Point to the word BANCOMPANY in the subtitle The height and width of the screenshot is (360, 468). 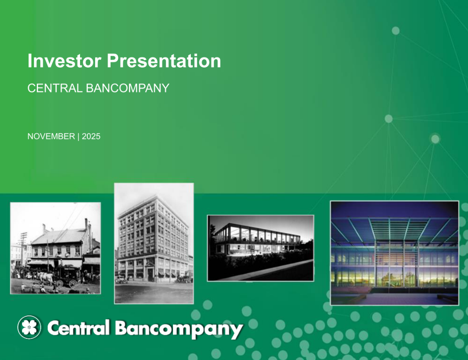[128, 88]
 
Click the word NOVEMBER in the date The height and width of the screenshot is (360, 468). [51, 136]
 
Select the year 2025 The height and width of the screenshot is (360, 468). [91, 136]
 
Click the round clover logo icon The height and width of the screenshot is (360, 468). [29, 328]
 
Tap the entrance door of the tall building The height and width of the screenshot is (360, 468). [151, 274]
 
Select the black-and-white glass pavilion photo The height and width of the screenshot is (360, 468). [260, 247]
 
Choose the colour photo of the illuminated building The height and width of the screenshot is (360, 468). [394, 253]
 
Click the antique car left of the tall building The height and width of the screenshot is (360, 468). [121, 280]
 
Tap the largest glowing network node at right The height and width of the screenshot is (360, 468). [435, 139]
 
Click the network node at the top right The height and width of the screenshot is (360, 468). [395, 30]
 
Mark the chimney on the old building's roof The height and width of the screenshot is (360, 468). [44, 228]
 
